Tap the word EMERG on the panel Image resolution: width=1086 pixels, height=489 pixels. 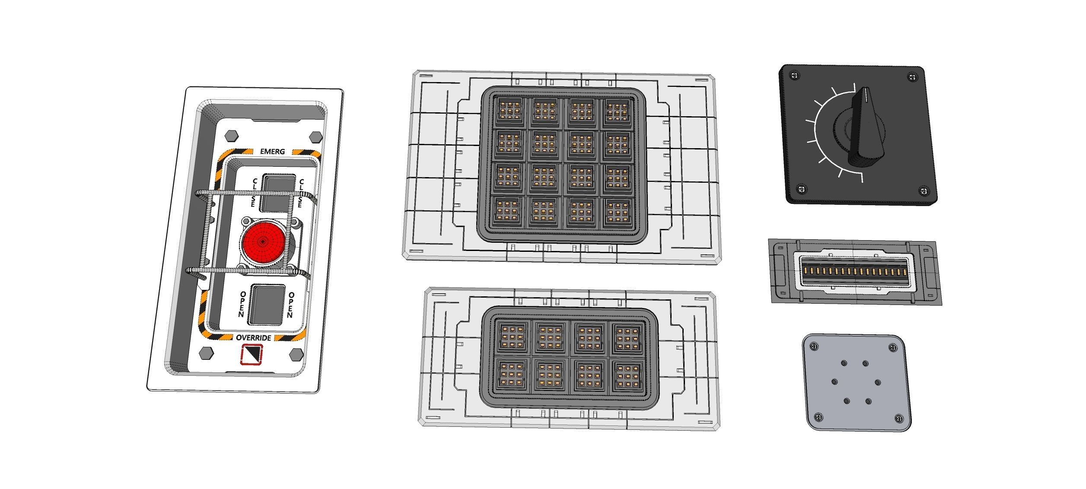click(273, 152)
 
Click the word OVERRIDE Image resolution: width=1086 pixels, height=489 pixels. click(254, 337)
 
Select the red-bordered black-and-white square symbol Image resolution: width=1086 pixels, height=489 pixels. click(252, 354)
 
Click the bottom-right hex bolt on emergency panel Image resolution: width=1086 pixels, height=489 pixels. click(296, 354)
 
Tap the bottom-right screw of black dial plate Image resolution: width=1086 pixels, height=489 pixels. click(924, 191)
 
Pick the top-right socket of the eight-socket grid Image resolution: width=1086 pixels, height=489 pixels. click(625, 337)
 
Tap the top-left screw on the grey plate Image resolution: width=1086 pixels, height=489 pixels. click(815, 346)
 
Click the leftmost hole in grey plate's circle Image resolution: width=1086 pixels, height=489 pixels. click(834, 382)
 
